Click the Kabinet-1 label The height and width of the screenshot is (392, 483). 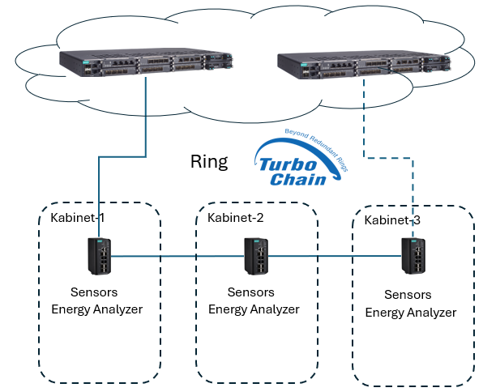pyautogui.click(x=78, y=218)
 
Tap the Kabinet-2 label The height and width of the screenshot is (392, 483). pyautogui.click(x=236, y=218)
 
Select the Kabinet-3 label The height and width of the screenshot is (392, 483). pyautogui.click(x=392, y=220)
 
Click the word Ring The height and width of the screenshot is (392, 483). pyautogui.click(x=209, y=162)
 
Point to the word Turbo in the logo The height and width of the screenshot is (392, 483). pyautogui.click(x=289, y=164)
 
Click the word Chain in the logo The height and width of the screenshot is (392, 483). pyautogui.click(x=298, y=179)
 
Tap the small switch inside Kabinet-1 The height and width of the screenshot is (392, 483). pyautogui.click(x=100, y=256)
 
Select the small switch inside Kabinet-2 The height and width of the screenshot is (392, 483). pyautogui.click(x=256, y=256)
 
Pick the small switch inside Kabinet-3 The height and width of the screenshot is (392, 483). pyautogui.click(x=413, y=256)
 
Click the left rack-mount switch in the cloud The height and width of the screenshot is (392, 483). pyautogui.click(x=146, y=62)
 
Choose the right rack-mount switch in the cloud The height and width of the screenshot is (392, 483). pyautogui.click(x=364, y=65)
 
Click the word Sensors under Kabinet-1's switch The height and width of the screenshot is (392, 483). pyautogui.click(x=94, y=292)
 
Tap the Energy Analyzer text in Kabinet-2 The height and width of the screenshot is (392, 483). pyautogui.click(x=254, y=309)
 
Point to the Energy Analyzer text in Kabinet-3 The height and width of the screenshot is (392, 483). pyautogui.click(x=411, y=313)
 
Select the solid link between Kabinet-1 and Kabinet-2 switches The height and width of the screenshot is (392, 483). pyautogui.click(x=177, y=256)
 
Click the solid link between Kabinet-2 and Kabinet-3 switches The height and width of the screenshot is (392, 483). pyautogui.click(x=335, y=256)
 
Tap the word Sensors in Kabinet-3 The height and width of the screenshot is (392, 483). pyautogui.click(x=408, y=295)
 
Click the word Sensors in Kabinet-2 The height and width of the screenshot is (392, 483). pyautogui.click(x=251, y=292)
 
